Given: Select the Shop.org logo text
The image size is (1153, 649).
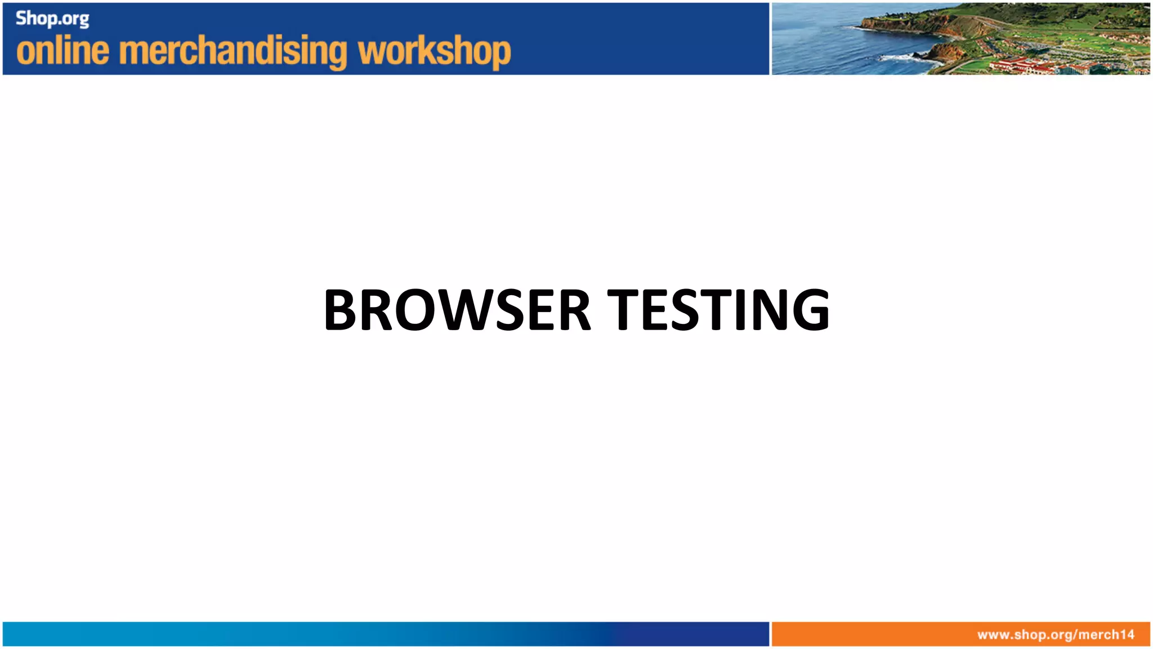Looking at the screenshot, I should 52,19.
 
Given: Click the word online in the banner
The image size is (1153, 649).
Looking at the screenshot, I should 62,51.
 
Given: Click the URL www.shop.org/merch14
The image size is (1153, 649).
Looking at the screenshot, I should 1056,635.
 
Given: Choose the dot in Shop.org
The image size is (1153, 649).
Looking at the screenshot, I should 60,24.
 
